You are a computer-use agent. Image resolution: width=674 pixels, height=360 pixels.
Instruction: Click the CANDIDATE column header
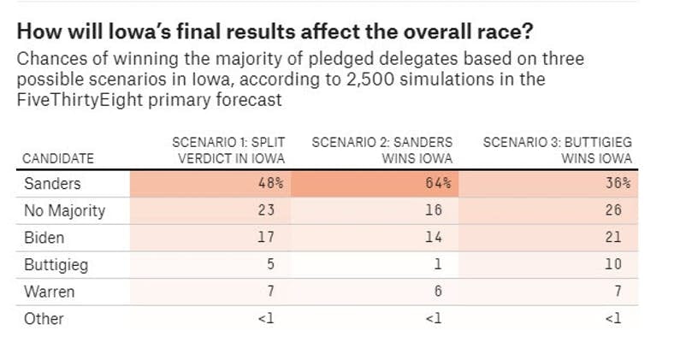pyautogui.click(x=57, y=158)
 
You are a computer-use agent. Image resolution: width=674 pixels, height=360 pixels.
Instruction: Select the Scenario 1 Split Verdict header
pyautogui.click(x=228, y=150)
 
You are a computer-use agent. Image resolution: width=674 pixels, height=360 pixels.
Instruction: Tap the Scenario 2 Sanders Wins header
pyautogui.click(x=382, y=150)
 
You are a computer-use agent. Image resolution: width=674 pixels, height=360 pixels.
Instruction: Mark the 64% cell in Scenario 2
pyautogui.click(x=440, y=184)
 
